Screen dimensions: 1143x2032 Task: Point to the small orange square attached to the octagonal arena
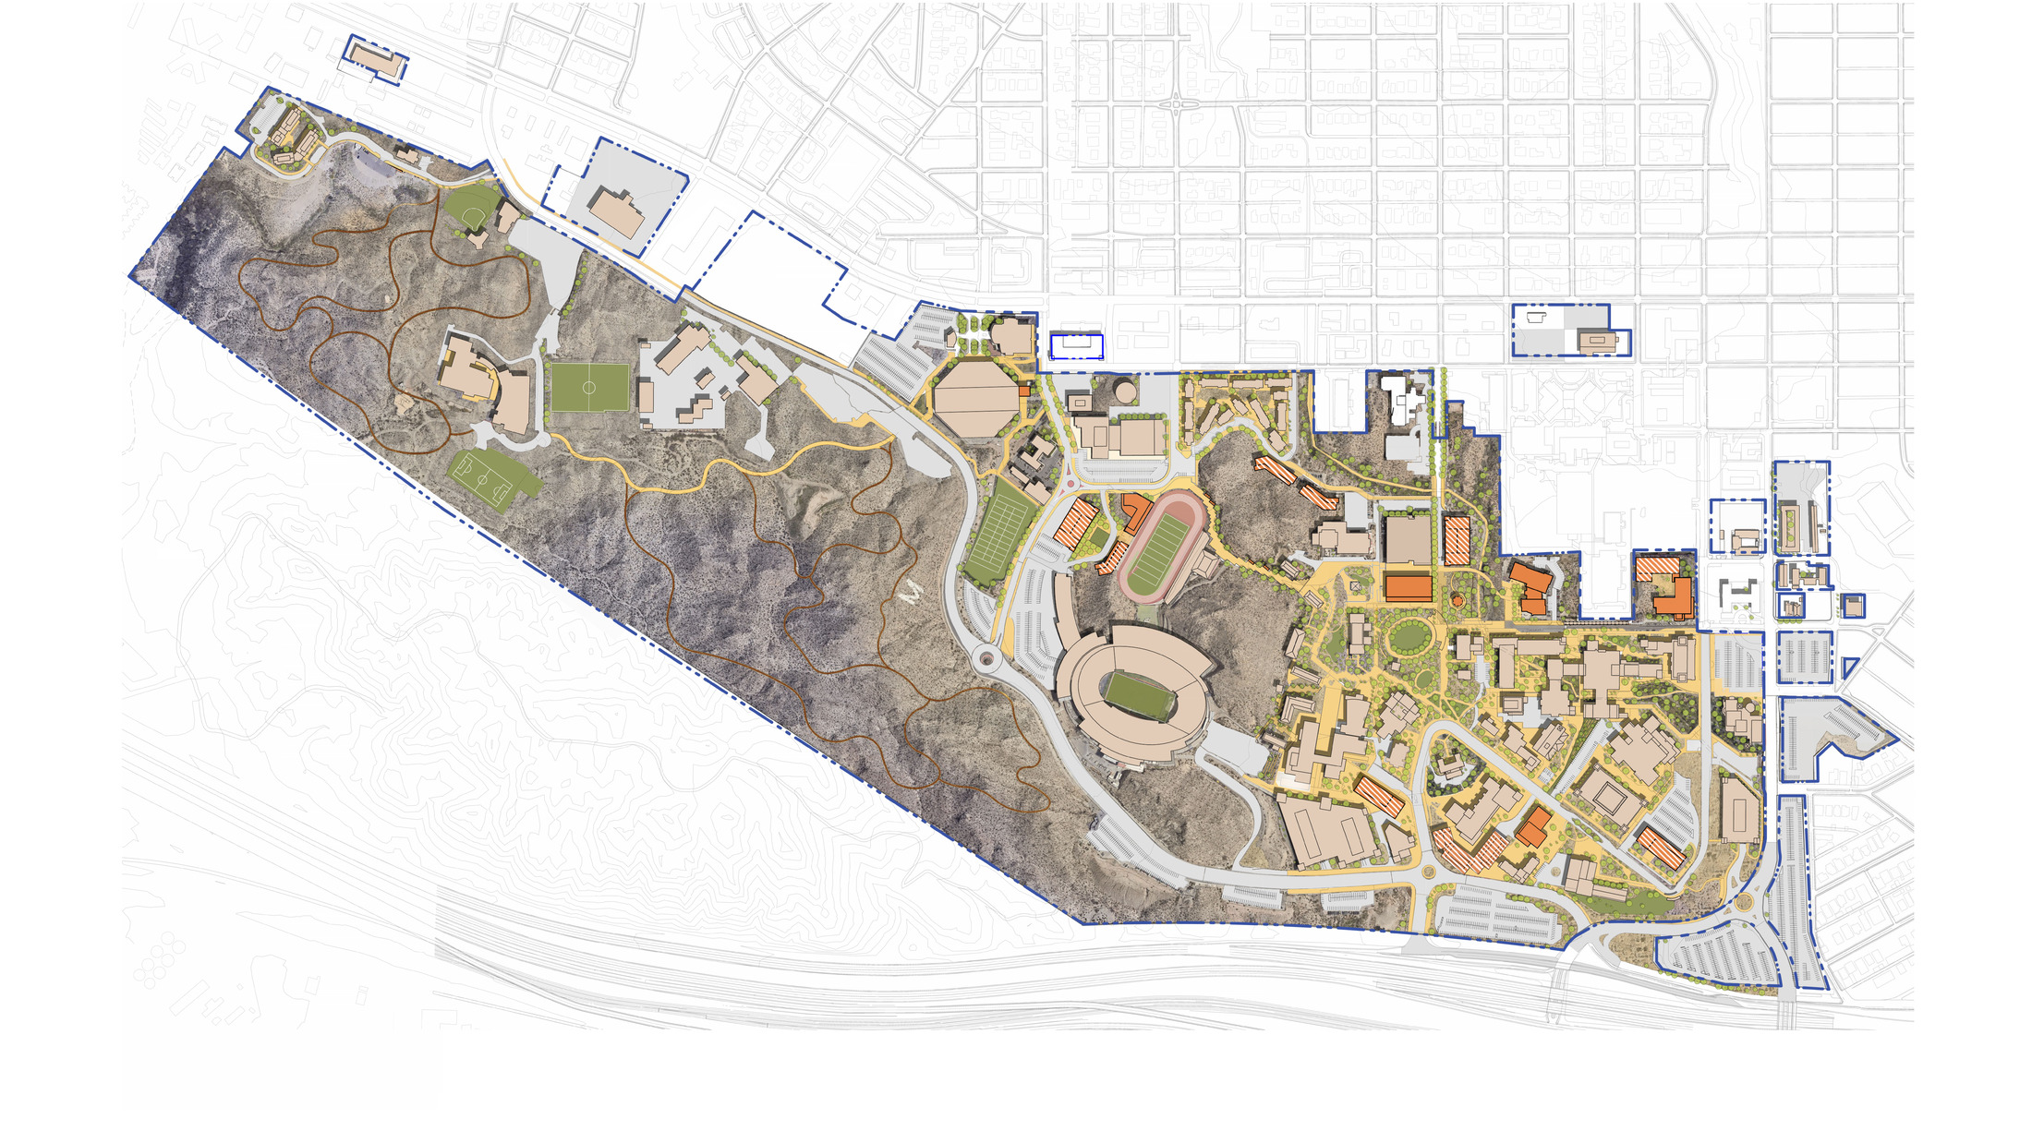coord(1023,391)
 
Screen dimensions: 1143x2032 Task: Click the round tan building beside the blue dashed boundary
coord(1126,391)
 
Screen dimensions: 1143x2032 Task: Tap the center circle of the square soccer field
coord(589,388)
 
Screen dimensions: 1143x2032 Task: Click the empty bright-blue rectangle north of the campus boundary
coord(1076,346)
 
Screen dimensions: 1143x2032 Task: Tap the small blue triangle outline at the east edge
coord(1849,667)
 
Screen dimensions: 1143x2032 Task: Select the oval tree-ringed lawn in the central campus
coord(1409,635)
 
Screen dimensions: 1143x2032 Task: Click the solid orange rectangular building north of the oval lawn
coord(1408,587)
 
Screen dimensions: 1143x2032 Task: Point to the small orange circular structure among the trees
coord(1457,601)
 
